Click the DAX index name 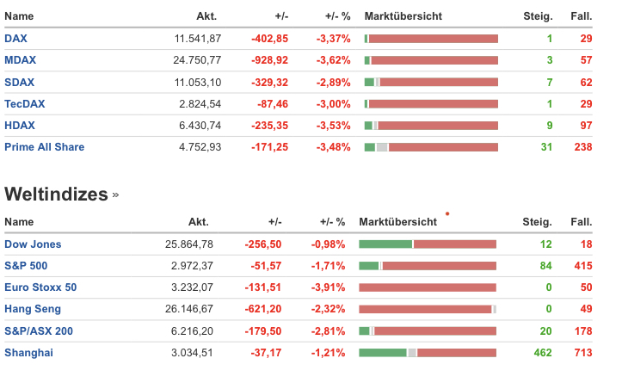[15, 39]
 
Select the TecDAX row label [25, 103]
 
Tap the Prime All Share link [45, 147]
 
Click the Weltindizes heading [56, 194]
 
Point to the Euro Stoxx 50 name [40, 287]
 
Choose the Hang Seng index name [33, 309]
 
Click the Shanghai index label [28, 352]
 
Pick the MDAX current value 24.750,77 [197, 60]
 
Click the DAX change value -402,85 [269, 39]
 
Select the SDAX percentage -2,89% [333, 82]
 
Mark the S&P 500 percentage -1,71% [328, 266]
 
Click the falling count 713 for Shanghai [583, 352]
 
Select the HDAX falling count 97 [587, 126]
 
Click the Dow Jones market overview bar [428, 244]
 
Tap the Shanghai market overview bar [428, 352]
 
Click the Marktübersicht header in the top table [403, 16]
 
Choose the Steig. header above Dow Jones [537, 222]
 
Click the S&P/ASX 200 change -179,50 [263, 330]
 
